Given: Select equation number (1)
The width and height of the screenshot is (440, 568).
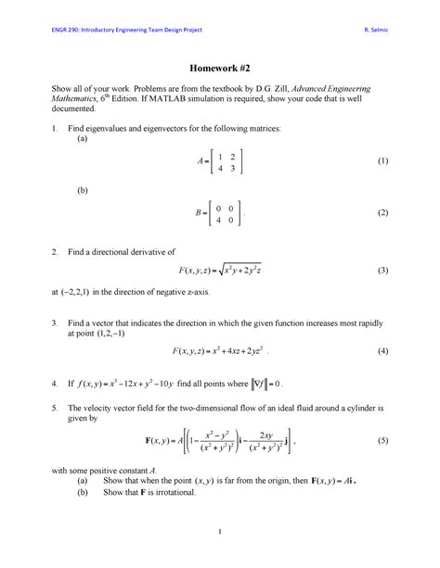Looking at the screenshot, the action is pyautogui.click(x=381, y=161).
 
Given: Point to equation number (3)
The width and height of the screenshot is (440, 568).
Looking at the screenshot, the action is pyautogui.click(x=381, y=270).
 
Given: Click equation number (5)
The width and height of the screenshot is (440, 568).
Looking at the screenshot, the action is pyautogui.click(x=381, y=443).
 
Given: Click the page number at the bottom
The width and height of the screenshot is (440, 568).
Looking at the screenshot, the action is pyautogui.click(x=219, y=531).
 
